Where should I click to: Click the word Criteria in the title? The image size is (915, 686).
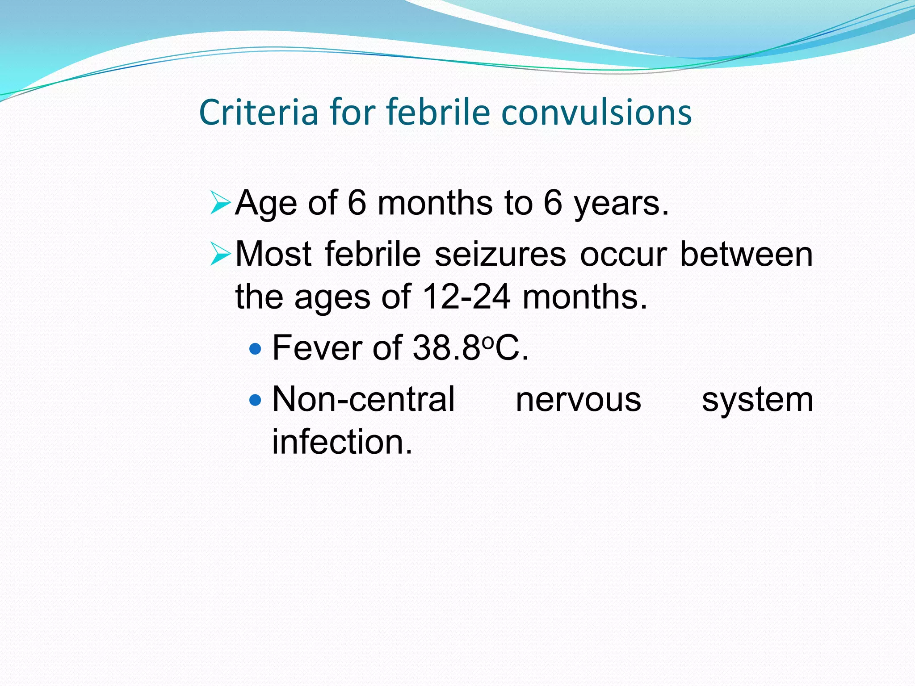pyautogui.click(x=258, y=112)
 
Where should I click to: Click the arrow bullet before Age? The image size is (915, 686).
pyautogui.click(x=220, y=203)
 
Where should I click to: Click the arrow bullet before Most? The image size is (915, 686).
pyautogui.click(x=220, y=254)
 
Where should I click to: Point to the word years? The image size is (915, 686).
pyautogui.click(x=621, y=204)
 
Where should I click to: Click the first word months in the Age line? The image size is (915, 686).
pyautogui.click(x=435, y=204)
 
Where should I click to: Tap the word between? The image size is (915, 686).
pyautogui.click(x=746, y=255)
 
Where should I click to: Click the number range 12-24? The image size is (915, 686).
pyautogui.click(x=466, y=297)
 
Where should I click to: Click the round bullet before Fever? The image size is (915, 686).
pyautogui.click(x=256, y=348)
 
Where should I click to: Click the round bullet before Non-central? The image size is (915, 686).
pyautogui.click(x=256, y=399)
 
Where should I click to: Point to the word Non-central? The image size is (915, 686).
pyautogui.click(x=363, y=399)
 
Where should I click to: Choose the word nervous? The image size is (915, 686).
pyautogui.click(x=578, y=399)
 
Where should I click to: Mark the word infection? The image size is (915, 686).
pyautogui.click(x=342, y=442)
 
